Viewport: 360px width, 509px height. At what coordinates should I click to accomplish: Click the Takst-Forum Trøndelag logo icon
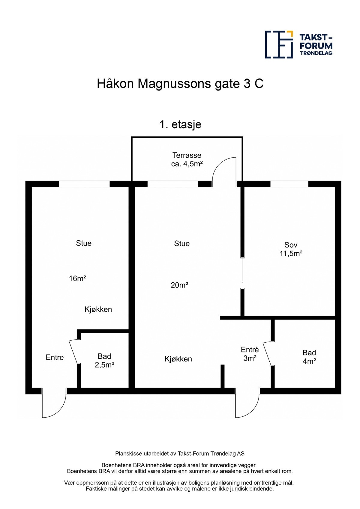click(x=279, y=44)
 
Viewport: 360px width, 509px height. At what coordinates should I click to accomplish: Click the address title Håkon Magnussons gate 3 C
click(x=180, y=84)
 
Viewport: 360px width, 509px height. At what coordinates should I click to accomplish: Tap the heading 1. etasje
click(x=180, y=124)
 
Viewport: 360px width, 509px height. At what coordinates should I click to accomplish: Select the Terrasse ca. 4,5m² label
click(x=187, y=159)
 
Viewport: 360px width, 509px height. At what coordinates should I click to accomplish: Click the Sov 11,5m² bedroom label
click(x=291, y=249)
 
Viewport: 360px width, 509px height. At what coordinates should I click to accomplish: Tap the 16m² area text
click(x=78, y=278)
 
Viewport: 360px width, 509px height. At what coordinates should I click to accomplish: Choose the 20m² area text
click(x=179, y=285)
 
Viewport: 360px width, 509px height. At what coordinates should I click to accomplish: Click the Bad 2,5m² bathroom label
click(x=104, y=360)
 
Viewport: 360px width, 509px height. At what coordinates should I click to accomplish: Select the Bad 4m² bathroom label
click(x=309, y=357)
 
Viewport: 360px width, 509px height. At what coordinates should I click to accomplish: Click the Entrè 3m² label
click(x=250, y=354)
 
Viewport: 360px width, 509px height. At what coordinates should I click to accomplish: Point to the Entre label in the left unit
click(x=55, y=357)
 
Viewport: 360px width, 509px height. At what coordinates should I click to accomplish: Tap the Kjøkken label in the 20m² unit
click(x=178, y=359)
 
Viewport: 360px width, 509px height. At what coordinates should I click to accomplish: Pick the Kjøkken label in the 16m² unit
click(x=98, y=309)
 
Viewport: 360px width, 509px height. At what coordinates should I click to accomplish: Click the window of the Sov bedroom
click(x=289, y=184)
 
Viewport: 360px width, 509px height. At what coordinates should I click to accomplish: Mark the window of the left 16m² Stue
click(x=84, y=184)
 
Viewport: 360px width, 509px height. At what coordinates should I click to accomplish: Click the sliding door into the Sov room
click(x=242, y=270)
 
